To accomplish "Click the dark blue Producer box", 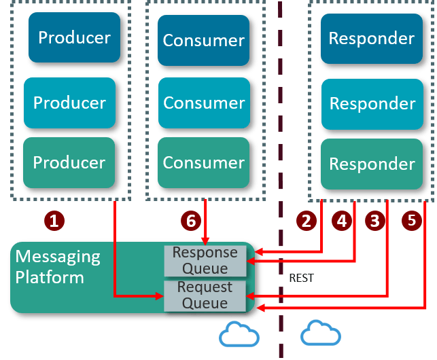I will (74, 38).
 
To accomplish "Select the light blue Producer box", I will (70, 103).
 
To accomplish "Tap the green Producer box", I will (70, 162).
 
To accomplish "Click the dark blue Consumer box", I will (203, 40).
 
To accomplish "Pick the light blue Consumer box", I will (203, 103).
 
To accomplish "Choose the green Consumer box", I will (203, 162).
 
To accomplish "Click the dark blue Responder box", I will (372, 38).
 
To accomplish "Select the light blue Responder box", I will (372, 103).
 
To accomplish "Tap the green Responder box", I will (372, 164).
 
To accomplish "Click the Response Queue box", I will (205, 260).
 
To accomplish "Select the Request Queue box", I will (205, 295).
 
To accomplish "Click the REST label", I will (301, 278).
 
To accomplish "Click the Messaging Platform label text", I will (58, 267).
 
